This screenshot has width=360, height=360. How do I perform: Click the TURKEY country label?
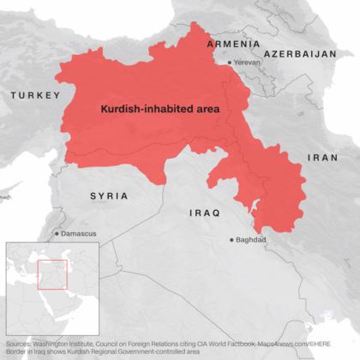coord(34,95)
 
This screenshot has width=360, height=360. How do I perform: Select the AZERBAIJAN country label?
coord(300,53)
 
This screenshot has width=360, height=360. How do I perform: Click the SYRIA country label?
coord(109,196)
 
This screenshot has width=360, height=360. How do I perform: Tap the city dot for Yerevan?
coord(229,63)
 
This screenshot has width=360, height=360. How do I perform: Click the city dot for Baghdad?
coord(231,240)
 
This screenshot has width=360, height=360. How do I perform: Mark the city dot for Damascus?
coord(57,233)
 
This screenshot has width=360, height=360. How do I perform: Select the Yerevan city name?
coord(249,63)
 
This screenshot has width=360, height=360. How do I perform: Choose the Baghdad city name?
coord(253,240)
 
